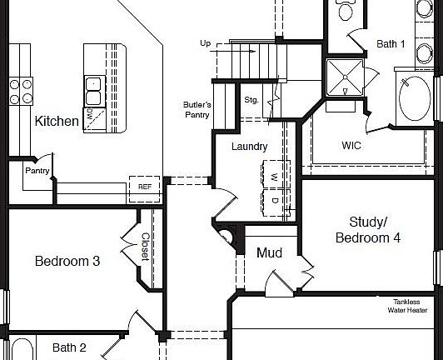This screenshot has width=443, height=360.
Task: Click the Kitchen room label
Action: pyautogui.click(x=57, y=122)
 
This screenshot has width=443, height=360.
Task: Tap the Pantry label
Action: pyautogui.click(x=37, y=172)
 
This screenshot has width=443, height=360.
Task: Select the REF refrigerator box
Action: pyautogui.click(x=144, y=187)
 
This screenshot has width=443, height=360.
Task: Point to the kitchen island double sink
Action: pyautogui.click(x=93, y=84)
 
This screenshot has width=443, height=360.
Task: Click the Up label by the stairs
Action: pyautogui.click(x=206, y=43)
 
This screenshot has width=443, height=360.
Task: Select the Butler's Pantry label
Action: pyautogui.click(x=197, y=110)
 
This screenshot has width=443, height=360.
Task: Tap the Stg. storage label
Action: pyautogui.click(x=252, y=100)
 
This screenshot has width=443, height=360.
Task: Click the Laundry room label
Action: pyautogui.click(x=250, y=147)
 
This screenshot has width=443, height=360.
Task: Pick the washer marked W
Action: pyautogui.click(x=273, y=177)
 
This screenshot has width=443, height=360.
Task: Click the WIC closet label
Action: pyautogui.click(x=351, y=145)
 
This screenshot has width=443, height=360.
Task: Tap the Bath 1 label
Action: pyautogui.click(x=391, y=43)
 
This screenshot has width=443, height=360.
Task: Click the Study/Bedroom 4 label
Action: pyautogui.click(x=368, y=230)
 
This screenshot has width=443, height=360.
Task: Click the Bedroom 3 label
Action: pyautogui.click(x=67, y=261)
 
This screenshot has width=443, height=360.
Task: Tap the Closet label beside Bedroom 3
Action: pyautogui.click(x=144, y=247)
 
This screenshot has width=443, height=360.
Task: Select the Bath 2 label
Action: pyautogui.click(x=70, y=347)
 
